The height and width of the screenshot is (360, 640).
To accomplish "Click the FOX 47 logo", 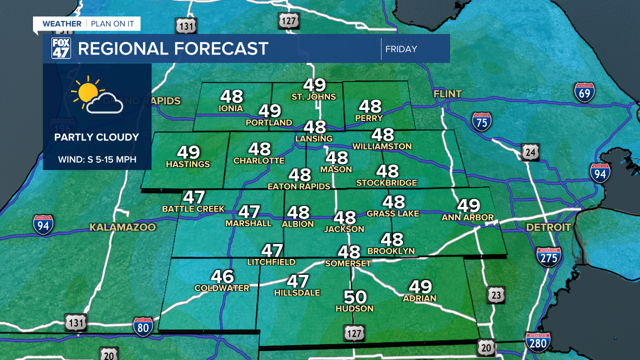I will pos(61,48).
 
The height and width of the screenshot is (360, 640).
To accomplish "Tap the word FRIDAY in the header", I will pos(401,49).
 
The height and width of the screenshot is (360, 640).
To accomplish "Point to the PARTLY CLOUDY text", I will pos(96,137).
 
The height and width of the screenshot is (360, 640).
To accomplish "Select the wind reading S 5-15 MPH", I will pos(97,160).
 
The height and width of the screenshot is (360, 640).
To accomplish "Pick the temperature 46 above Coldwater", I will pos(222,276).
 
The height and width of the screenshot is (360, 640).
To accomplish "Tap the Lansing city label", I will pos(314,138).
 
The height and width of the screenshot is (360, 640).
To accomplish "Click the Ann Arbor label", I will pos(467,217).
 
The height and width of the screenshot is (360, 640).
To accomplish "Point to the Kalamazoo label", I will pos(122,227).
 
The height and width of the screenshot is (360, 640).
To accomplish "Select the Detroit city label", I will pos(548,227).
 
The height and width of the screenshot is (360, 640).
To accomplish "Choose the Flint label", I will pos(447,94).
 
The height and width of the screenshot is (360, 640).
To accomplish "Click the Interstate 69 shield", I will pos(584,93).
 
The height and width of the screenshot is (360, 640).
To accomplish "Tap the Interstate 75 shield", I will pos(481,121).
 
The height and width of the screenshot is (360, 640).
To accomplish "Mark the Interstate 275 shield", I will pos(548,257).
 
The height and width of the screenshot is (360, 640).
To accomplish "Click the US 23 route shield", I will pos(495,295).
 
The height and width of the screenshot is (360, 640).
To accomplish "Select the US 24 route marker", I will pos(530,152).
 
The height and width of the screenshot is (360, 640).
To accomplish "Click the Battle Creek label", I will pos(193,208).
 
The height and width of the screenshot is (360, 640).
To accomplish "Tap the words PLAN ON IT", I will pos(112,24).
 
